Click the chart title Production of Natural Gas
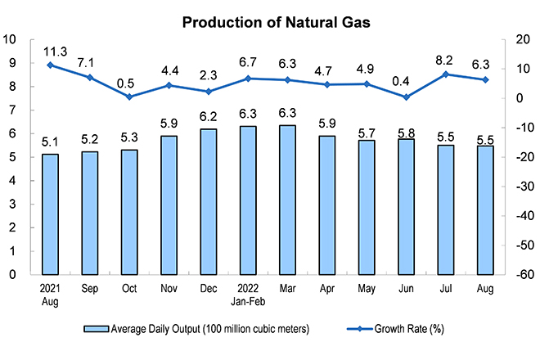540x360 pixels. point(277,22)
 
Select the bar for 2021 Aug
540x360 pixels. point(50,214)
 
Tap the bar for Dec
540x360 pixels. point(209,202)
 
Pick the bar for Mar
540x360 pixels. point(287,200)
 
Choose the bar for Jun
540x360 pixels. point(406,207)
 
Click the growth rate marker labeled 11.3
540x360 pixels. point(50,65)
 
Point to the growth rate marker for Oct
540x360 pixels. point(129,97)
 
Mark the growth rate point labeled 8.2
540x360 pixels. point(446,74)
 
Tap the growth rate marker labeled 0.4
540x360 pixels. point(407,97)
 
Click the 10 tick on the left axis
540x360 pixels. point(9,39)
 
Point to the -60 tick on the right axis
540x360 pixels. point(524,275)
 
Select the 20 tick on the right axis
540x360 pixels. point(523,39)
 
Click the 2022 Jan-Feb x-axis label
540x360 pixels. point(248,295)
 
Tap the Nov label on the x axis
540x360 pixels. point(169,288)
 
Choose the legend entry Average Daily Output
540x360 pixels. point(196,329)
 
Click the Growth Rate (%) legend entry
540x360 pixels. point(395,329)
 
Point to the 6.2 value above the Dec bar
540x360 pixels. point(209,117)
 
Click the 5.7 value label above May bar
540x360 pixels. point(367,133)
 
